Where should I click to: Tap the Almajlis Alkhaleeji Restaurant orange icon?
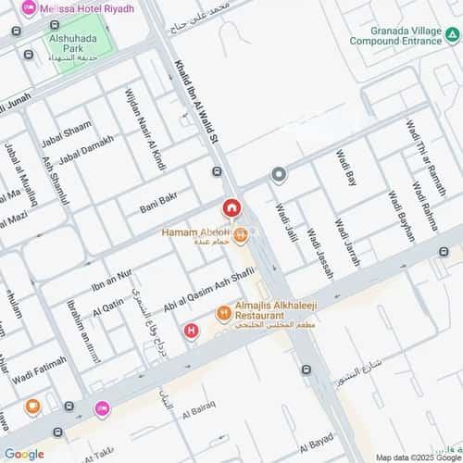point(223,314)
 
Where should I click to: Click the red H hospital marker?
point(192,330)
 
